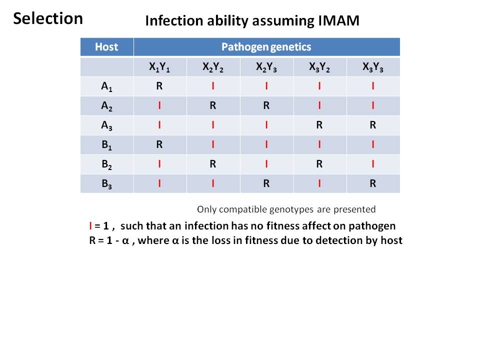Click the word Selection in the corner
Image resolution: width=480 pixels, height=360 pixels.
(48, 18)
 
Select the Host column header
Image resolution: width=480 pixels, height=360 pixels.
(106, 47)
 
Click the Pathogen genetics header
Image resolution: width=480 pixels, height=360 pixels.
(266, 47)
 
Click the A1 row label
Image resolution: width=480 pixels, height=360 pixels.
(107, 86)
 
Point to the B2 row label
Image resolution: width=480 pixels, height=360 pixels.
(107, 164)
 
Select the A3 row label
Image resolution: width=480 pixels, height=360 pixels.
(107, 125)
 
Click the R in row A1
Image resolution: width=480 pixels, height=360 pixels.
(159, 86)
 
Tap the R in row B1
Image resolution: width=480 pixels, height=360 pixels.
(159, 144)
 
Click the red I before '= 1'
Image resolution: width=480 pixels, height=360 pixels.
(90, 226)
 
